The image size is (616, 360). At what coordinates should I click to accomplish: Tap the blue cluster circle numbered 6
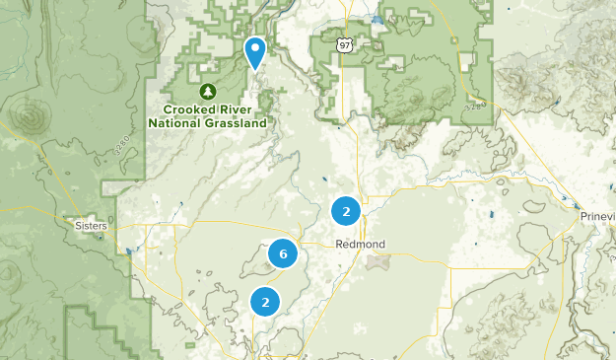[x=283, y=255]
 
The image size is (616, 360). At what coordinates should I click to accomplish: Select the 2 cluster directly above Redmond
[x=346, y=210]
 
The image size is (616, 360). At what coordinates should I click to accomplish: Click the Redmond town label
[x=360, y=244]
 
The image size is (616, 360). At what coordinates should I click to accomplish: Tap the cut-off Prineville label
[x=596, y=216]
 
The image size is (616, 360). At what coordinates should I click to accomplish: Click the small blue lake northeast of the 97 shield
[x=376, y=20]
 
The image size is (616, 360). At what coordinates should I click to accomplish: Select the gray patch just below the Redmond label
[x=377, y=262]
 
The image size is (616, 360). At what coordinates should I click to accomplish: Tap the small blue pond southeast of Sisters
[x=129, y=251]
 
